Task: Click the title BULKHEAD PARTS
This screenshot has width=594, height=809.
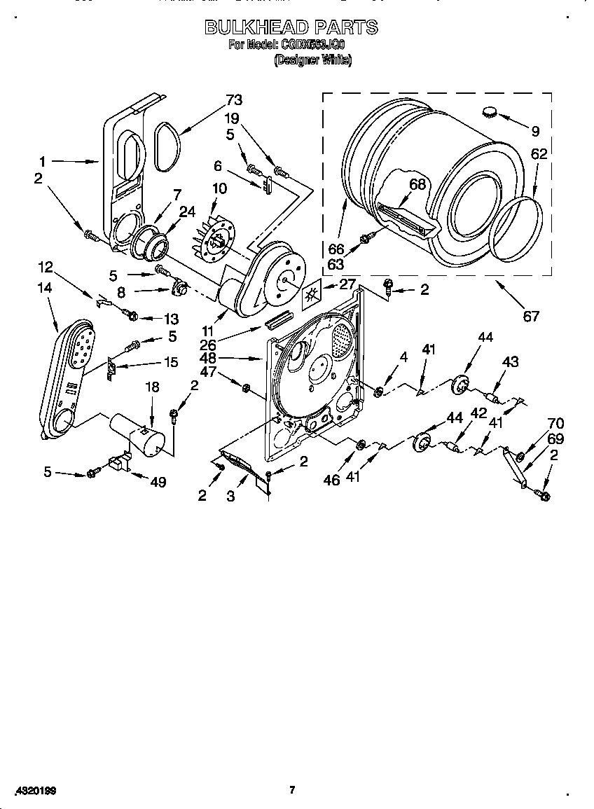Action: pos(291,27)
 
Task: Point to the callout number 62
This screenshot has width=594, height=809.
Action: pos(539,154)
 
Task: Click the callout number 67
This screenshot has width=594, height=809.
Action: pos(531,316)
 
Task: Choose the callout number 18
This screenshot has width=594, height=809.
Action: pos(151,387)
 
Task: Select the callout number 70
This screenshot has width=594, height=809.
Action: pos(555,423)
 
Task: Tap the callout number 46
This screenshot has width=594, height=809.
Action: pos(331,480)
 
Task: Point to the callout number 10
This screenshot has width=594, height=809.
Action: pos(219,188)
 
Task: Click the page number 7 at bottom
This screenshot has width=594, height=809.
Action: pos(292,790)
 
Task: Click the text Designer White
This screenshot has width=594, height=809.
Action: pos(313,60)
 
